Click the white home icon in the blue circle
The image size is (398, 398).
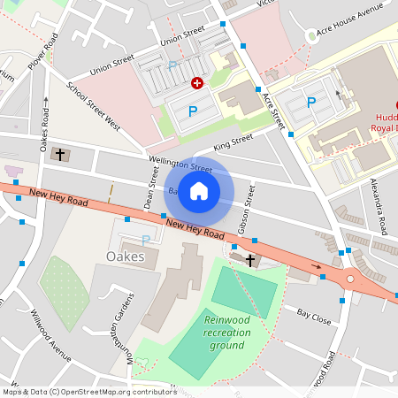pyautogui.click(x=199, y=191)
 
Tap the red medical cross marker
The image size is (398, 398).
pyautogui.click(x=197, y=82)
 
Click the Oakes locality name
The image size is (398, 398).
pyautogui.click(x=125, y=257)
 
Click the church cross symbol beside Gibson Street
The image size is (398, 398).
pyautogui.click(x=250, y=260)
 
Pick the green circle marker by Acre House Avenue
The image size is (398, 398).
pyautogui.click(x=310, y=35)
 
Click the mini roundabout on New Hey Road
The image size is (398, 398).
pyautogui.click(x=350, y=279)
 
